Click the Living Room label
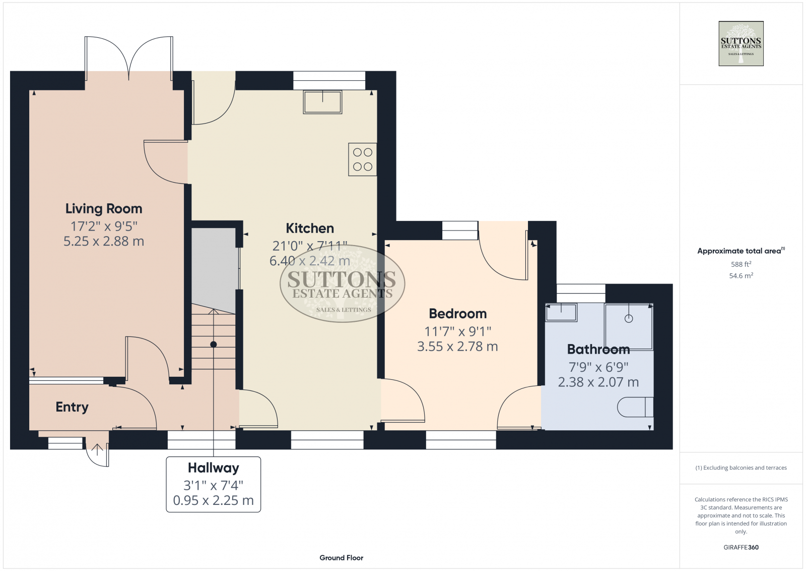coord(104,209)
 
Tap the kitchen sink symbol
coord(322,102)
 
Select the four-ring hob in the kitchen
coord(362,159)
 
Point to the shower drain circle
coord(629,319)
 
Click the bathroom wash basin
coord(561,312)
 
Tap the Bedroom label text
coord(457,314)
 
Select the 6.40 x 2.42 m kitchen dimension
coord(309,261)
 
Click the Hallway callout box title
coord(213,468)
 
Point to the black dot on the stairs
coord(214,345)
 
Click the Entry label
coord(72,407)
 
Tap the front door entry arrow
coord(97,449)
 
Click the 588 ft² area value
coord(741,264)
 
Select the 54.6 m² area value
coord(741,276)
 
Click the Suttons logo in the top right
coord(741,43)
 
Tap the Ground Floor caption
coord(341,558)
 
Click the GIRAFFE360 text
coord(741,547)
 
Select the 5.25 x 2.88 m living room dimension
coord(104,242)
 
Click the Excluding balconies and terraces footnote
coord(741,468)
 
